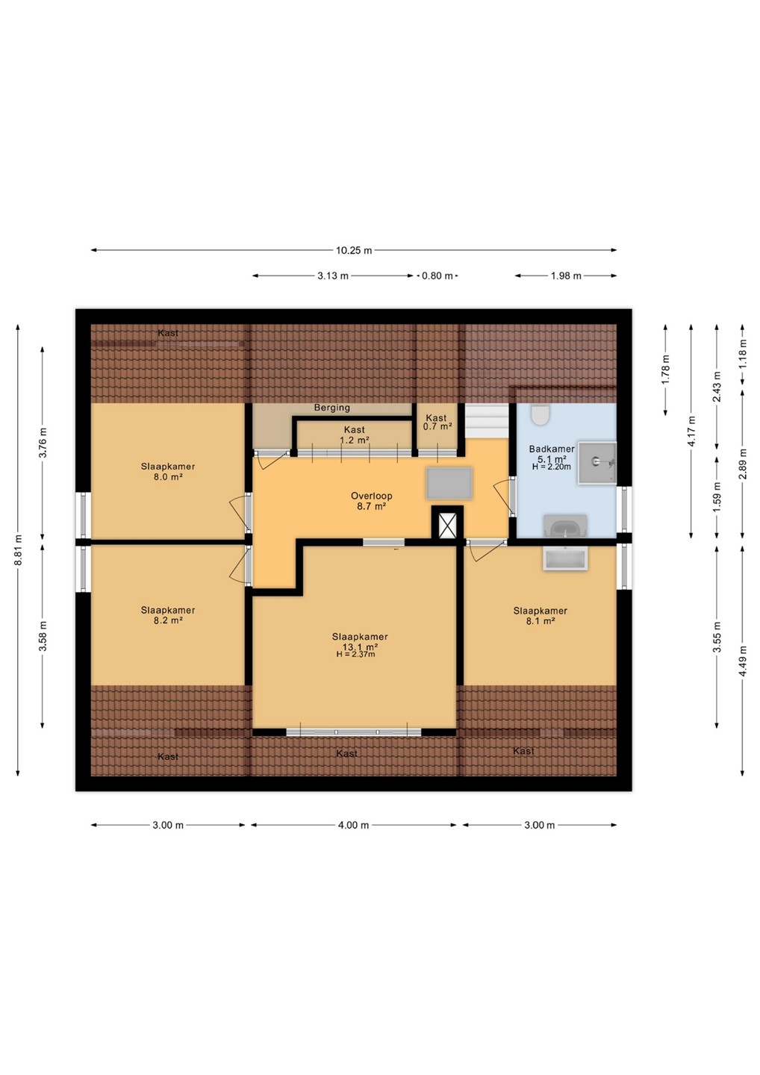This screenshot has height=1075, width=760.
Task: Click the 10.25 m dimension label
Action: [354, 250]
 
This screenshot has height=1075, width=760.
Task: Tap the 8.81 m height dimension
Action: [18, 550]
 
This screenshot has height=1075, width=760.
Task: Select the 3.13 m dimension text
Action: [332, 276]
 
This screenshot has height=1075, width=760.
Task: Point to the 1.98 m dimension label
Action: [566, 276]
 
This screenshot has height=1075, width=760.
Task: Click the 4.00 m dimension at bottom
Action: [354, 825]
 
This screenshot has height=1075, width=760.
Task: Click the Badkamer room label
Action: [552, 449]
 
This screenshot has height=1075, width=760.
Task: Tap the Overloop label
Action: [371, 496]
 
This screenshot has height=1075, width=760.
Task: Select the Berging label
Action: [332, 408]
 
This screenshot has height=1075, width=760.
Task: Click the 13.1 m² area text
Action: [360, 646]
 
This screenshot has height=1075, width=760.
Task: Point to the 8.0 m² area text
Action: [168, 476]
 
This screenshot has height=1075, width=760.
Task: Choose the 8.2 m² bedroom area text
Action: [168, 620]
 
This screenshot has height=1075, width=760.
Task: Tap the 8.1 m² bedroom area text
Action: [541, 620]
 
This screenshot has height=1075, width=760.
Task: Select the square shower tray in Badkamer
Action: [597, 463]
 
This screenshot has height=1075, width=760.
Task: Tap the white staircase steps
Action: [487, 420]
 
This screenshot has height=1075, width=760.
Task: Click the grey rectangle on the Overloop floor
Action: [449, 484]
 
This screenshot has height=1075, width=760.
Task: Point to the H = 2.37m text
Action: [355, 654]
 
